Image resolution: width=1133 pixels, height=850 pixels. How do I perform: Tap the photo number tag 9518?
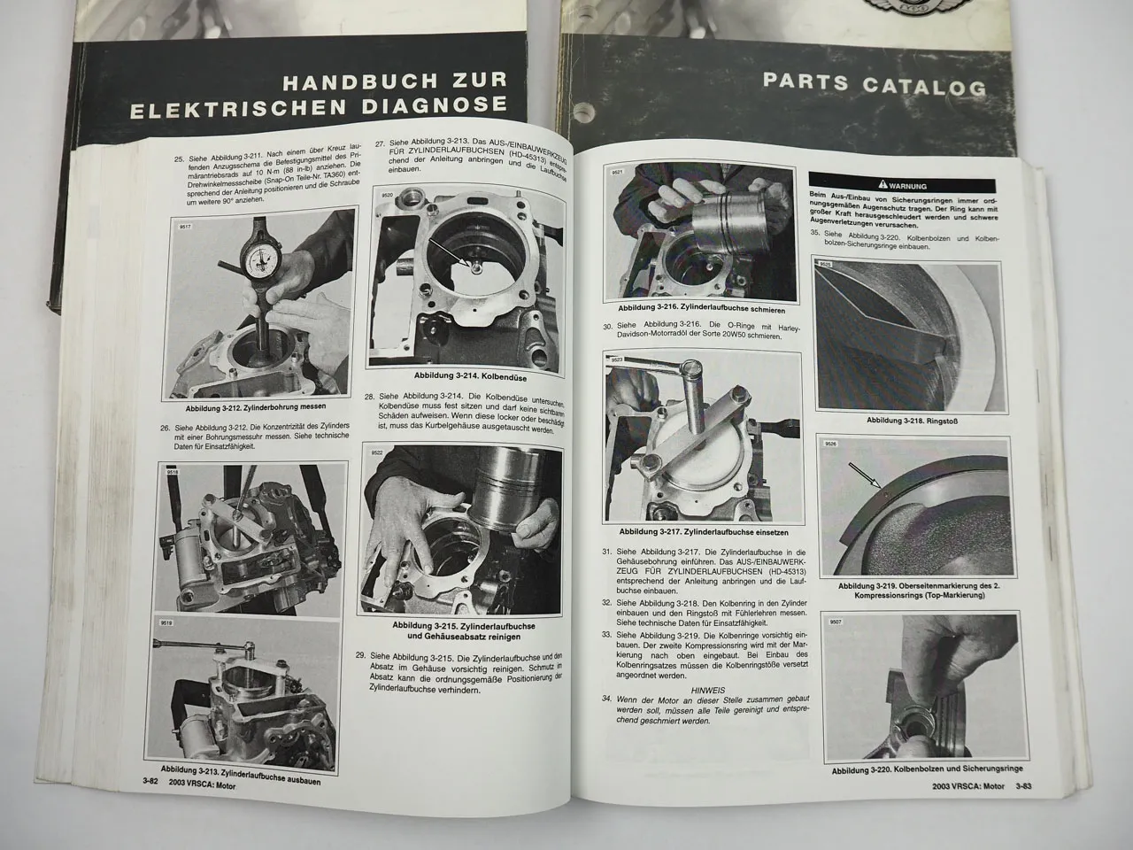[x=170, y=474]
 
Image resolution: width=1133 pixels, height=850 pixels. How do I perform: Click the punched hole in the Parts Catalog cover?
[x=580, y=114]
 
